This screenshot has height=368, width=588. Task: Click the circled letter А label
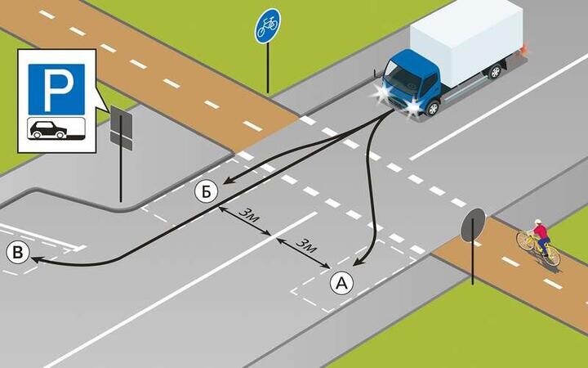(x=342, y=283)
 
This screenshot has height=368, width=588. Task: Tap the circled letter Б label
(x=207, y=191)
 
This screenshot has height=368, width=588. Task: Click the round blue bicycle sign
(x=267, y=26)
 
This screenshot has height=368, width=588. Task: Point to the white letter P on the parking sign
(x=56, y=89)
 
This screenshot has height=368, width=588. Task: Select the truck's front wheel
(x=433, y=106)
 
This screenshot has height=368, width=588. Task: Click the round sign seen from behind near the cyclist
(x=473, y=226)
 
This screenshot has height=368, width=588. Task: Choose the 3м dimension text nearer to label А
(x=305, y=246)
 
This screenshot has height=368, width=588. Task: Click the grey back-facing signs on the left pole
(x=121, y=129)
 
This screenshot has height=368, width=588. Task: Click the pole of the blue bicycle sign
(x=268, y=70)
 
